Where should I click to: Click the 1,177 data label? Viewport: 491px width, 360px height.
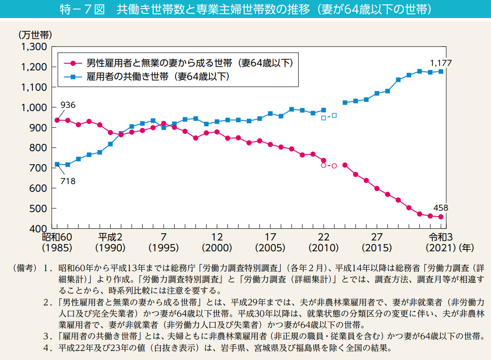pos(441,63)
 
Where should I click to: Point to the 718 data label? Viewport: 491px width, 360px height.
pos(67,181)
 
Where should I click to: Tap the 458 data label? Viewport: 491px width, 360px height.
pos(441,208)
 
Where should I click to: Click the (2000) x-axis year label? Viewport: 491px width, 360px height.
pos(217,248)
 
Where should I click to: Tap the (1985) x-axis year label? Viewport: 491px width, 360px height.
pos(57,248)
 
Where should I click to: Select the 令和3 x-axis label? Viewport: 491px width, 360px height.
pos(437,237)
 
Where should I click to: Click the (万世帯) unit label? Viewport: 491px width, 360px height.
pos(35,34)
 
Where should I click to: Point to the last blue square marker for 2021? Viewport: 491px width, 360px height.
pos(441,71)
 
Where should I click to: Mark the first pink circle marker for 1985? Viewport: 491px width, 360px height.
pos(57,120)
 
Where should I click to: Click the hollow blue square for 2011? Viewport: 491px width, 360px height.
pos(334,115)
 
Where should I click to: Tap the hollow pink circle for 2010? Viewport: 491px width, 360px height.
pos(324,166)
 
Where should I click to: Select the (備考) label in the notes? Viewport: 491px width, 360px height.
pos(25,268)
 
